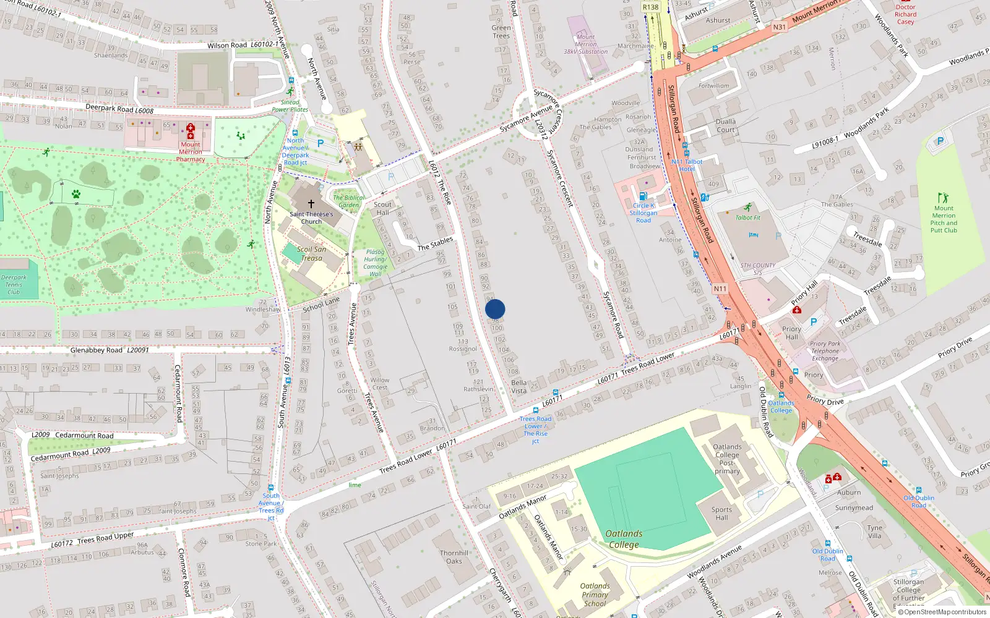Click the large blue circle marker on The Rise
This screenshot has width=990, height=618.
[x=495, y=309]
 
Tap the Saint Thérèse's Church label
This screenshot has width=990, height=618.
[x=311, y=218]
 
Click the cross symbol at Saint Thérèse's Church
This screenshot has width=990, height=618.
[x=311, y=203]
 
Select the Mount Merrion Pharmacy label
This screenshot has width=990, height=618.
[x=191, y=152]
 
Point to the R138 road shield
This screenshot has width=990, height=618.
[x=650, y=7]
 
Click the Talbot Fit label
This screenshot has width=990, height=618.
[x=747, y=218]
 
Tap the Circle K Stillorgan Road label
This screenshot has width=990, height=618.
[x=643, y=213]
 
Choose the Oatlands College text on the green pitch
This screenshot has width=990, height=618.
[x=624, y=539]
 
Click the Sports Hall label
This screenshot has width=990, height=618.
[x=721, y=514]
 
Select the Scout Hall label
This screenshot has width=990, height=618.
[x=382, y=208]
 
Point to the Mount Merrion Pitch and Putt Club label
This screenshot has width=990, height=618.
[x=944, y=219]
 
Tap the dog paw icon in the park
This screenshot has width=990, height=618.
[x=76, y=194]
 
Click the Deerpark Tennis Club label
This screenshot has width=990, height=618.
[x=14, y=285]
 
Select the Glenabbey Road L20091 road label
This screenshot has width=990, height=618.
[x=110, y=350]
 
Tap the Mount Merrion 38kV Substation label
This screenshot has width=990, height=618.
[x=585, y=44]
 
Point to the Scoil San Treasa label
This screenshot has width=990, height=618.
[x=312, y=254]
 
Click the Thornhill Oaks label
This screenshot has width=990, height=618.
[x=454, y=557]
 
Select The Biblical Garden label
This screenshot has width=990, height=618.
[x=349, y=201]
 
